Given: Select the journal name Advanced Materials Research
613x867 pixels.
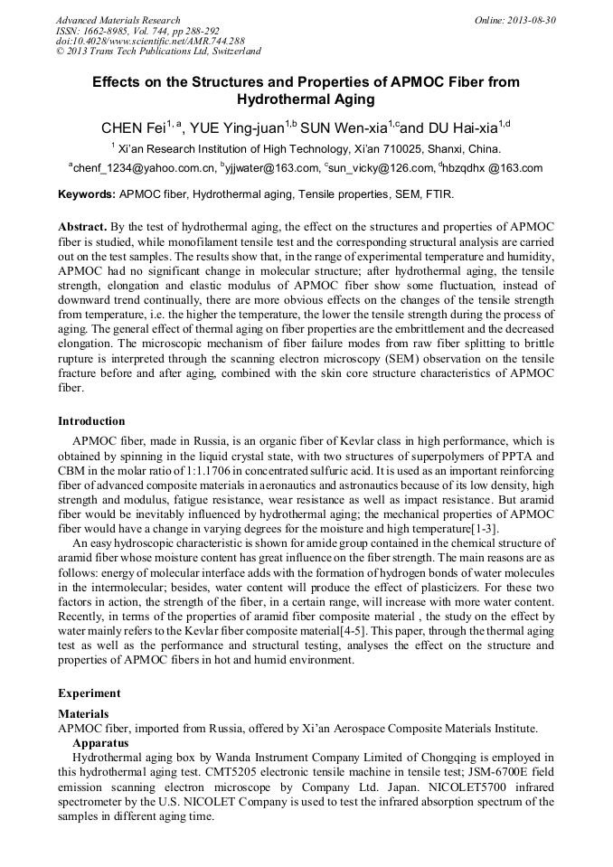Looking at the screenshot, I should pyautogui.click(x=118, y=20).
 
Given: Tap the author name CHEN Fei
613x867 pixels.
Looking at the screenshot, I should pyautogui.click(x=137, y=127).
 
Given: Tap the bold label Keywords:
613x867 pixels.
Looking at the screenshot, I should pyautogui.click(x=87, y=194).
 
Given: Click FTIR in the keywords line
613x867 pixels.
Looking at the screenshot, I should pyautogui.click(x=439, y=194).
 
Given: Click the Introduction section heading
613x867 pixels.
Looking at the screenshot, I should pyautogui.click(x=91, y=421).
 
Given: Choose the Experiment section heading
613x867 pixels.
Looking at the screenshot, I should pyautogui.click(x=90, y=693).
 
